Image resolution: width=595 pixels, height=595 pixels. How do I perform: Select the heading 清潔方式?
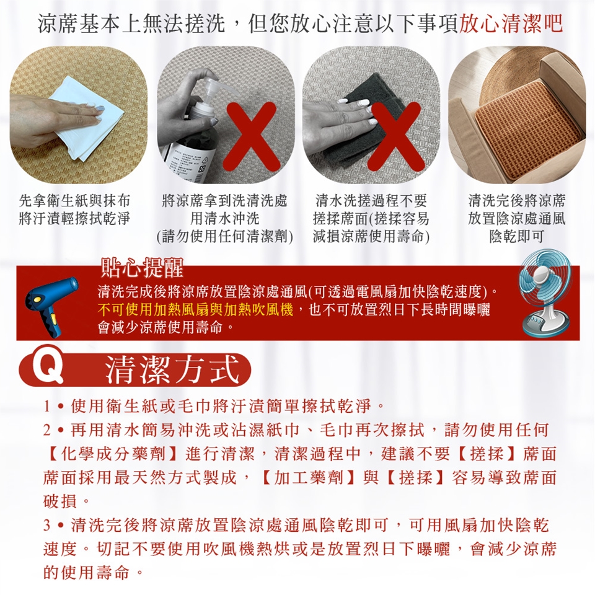[x=173, y=369]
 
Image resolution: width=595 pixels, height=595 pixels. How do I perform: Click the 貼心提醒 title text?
[x=142, y=267]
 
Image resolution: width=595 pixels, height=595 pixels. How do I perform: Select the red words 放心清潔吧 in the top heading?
[x=511, y=24]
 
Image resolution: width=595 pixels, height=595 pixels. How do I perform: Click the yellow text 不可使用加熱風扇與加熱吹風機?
[x=195, y=310]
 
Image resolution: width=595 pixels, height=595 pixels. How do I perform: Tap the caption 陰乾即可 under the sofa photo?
[x=516, y=236]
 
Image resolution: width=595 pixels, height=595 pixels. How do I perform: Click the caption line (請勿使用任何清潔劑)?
[x=225, y=236]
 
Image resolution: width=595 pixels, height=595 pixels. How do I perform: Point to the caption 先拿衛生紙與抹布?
[x=74, y=200]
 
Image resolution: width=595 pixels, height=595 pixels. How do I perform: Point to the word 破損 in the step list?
[x=60, y=501]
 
